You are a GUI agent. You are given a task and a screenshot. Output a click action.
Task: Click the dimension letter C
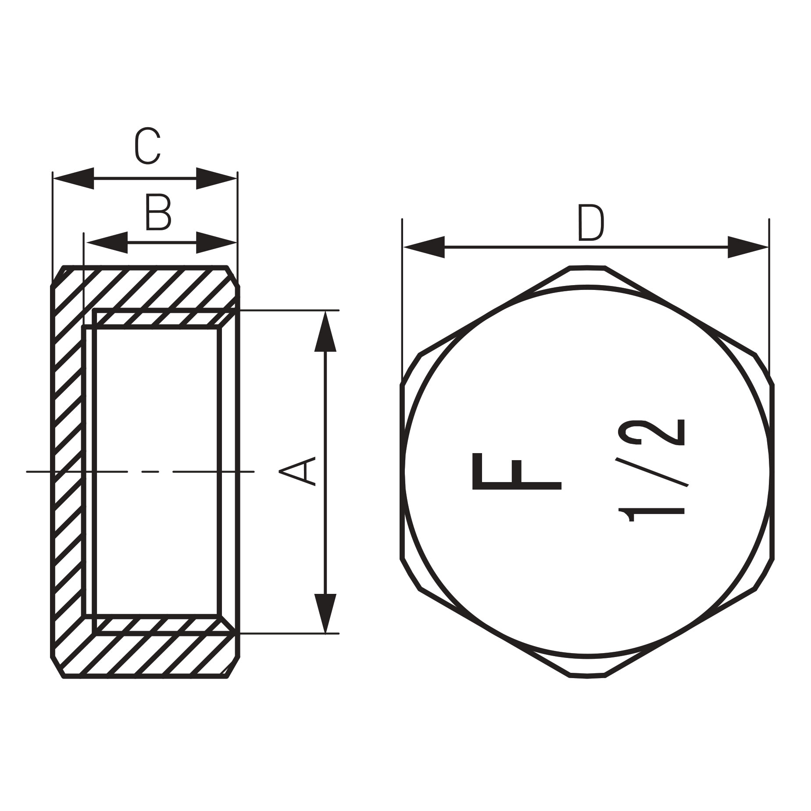pos(147,146)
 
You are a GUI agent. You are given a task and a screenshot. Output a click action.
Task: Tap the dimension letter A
pos(298,471)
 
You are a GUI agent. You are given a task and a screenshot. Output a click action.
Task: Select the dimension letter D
pos(591,223)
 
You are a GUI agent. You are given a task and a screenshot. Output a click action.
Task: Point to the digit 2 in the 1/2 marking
pos(651,432)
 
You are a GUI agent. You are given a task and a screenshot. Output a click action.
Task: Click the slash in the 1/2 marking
pos(652,472)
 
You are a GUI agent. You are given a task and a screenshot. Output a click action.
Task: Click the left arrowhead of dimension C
pos(73,178)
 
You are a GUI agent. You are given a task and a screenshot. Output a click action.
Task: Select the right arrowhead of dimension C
pos(216,178)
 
